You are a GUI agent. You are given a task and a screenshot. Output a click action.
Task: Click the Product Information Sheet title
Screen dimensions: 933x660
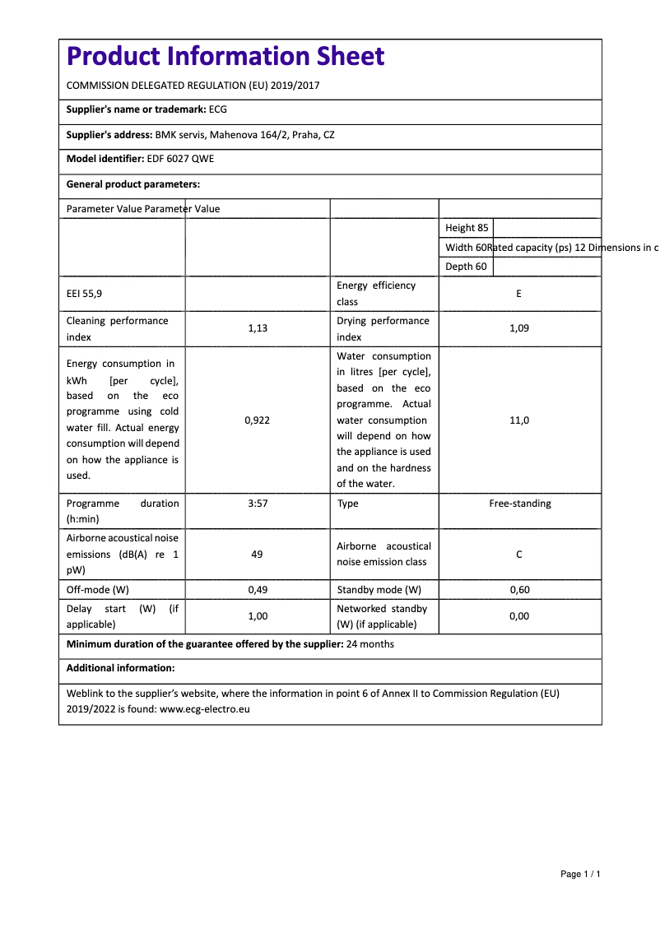(225, 56)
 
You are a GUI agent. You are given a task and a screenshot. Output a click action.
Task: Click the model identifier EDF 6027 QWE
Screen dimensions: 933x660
(179, 159)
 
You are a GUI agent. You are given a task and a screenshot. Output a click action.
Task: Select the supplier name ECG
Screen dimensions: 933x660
(217, 109)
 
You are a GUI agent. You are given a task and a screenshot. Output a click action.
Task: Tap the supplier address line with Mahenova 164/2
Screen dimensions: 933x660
(244, 134)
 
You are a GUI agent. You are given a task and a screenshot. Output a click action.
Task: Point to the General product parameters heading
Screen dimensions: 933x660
(132, 184)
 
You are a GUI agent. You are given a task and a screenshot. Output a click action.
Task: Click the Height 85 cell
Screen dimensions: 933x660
(467, 228)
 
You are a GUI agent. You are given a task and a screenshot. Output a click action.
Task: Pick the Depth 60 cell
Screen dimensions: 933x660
(466, 267)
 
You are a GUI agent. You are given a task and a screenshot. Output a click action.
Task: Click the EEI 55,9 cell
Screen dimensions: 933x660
(85, 293)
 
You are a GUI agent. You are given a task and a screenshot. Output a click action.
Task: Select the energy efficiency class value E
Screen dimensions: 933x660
(518, 294)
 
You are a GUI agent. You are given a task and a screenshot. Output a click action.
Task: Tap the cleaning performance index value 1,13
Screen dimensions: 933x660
(258, 328)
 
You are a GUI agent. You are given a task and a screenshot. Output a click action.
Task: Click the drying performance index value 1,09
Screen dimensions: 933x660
(518, 328)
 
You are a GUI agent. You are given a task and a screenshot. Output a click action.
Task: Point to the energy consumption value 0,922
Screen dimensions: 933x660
(258, 420)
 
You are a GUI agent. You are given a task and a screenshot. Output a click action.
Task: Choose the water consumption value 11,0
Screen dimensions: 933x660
(518, 420)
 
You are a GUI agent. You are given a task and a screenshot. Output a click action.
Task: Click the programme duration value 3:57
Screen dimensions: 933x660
(258, 504)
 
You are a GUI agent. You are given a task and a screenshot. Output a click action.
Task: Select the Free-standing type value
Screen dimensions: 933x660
(520, 504)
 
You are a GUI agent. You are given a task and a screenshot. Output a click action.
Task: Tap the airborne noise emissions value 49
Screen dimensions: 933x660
(257, 555)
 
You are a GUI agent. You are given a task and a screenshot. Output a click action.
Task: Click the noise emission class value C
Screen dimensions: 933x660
(518, 555)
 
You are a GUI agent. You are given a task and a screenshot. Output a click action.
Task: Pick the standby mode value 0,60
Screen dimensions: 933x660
(518, 590)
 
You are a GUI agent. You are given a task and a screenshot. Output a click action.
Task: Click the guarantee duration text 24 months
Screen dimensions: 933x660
(370, 644)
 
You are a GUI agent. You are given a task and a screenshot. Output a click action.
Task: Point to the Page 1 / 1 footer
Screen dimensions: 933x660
(580, 874)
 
